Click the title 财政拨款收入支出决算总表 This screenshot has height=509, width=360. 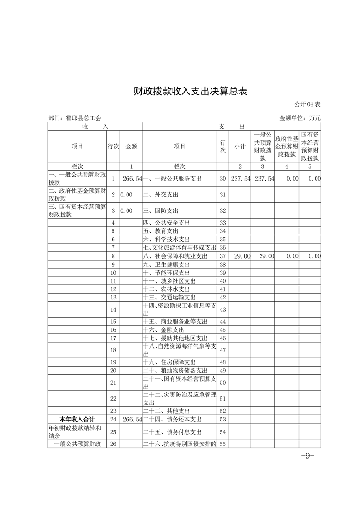point(190,91)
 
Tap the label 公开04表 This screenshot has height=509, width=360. point(307,104)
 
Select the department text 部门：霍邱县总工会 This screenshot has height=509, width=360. point(75,118)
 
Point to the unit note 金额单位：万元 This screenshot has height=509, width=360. point(300,118)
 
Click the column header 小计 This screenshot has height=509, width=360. point(240,147)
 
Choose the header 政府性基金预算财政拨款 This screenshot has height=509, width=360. point(286,146)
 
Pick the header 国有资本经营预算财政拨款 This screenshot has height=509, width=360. point(310,146)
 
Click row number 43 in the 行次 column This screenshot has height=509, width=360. point(222,309)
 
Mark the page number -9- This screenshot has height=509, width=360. point(308,455)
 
